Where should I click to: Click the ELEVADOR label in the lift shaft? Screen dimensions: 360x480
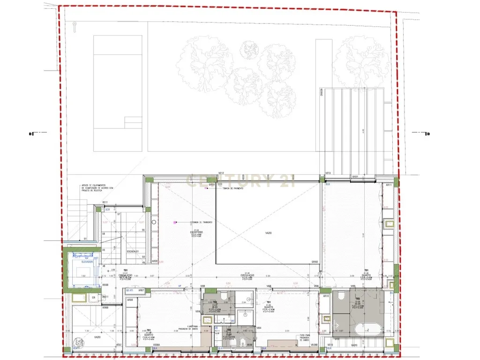86,262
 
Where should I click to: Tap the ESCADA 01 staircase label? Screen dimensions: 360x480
133,252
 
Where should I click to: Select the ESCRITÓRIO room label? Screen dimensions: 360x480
196,232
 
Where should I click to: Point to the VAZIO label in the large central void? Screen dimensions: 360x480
268,233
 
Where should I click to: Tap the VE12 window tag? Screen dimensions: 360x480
221,174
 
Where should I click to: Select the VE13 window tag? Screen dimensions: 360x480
328,174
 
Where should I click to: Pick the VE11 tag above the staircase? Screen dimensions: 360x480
105,202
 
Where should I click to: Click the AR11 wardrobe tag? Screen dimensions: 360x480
388,186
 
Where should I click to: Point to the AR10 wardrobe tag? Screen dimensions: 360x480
325,296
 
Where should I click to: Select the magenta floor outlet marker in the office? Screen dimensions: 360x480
175,222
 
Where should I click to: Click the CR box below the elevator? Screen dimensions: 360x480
93,297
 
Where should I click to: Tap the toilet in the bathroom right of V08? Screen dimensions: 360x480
224,295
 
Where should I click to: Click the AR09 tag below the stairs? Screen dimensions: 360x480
155,262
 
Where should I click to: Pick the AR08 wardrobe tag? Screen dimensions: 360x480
130,300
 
